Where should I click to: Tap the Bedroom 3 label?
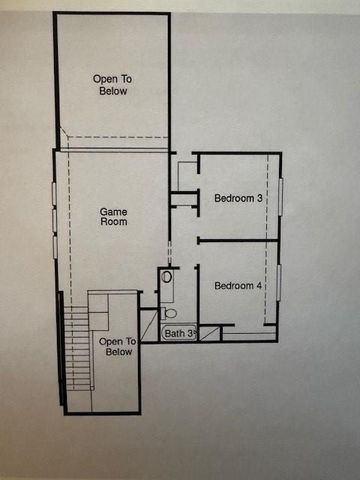pyautogui.click(x=238, y=198)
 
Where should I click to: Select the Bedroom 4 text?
pyautogui.click(x=238, y=286)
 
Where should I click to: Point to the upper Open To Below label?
pyautogui.click(x=112, y=84)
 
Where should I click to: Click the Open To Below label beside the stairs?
pyautogui.click(x=118, y=346)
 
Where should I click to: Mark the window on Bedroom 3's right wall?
pyautogui.click(x=282, y=196)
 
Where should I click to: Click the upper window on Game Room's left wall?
pyautogui.click(x=54, y=195)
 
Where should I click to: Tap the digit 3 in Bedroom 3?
pyautogui.click(x=260, y=198)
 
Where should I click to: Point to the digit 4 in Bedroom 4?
pyautogui.click(x=260, y=286)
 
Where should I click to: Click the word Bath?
pyautogui.click(x=175, y=333)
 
